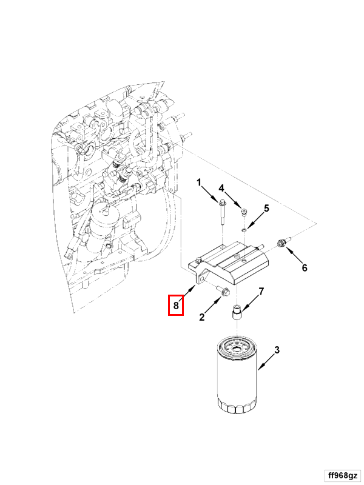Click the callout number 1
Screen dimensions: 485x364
(x=198, y=182)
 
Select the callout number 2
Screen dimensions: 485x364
(x=202, y=317)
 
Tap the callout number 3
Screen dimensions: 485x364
(x=277, y=350)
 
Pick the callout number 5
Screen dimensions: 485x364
(x=266, y=209)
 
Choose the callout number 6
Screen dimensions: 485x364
(x=304, y=267)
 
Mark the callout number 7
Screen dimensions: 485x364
(x=261, y=292)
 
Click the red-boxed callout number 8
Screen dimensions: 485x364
(x=175, y=306)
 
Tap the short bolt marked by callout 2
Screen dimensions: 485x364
(x=221, y=293)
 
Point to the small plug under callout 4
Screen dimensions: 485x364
(x=244, y=212)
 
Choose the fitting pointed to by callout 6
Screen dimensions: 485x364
(x=281, y=244)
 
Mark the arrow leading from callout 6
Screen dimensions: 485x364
(x=295, y=257)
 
